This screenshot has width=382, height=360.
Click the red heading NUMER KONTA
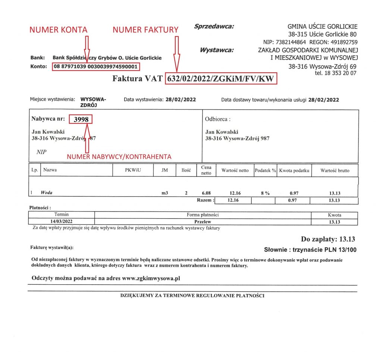58,30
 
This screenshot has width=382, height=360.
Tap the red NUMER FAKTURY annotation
145,30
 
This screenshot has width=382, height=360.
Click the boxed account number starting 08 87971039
97,67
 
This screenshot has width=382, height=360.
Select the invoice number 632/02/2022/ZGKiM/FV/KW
222,79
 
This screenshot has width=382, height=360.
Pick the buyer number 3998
81,119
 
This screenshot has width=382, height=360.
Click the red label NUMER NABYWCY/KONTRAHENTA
119,157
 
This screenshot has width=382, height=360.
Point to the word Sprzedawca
214,26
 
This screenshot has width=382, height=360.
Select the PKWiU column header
133,170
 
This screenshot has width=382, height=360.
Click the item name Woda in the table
47,193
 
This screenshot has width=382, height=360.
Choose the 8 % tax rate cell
265,193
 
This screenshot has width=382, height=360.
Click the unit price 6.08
206,193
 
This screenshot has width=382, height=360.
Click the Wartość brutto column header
335,170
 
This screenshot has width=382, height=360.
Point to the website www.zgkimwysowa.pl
151,278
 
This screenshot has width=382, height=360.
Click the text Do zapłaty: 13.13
328,239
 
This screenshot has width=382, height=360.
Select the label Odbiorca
218,119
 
